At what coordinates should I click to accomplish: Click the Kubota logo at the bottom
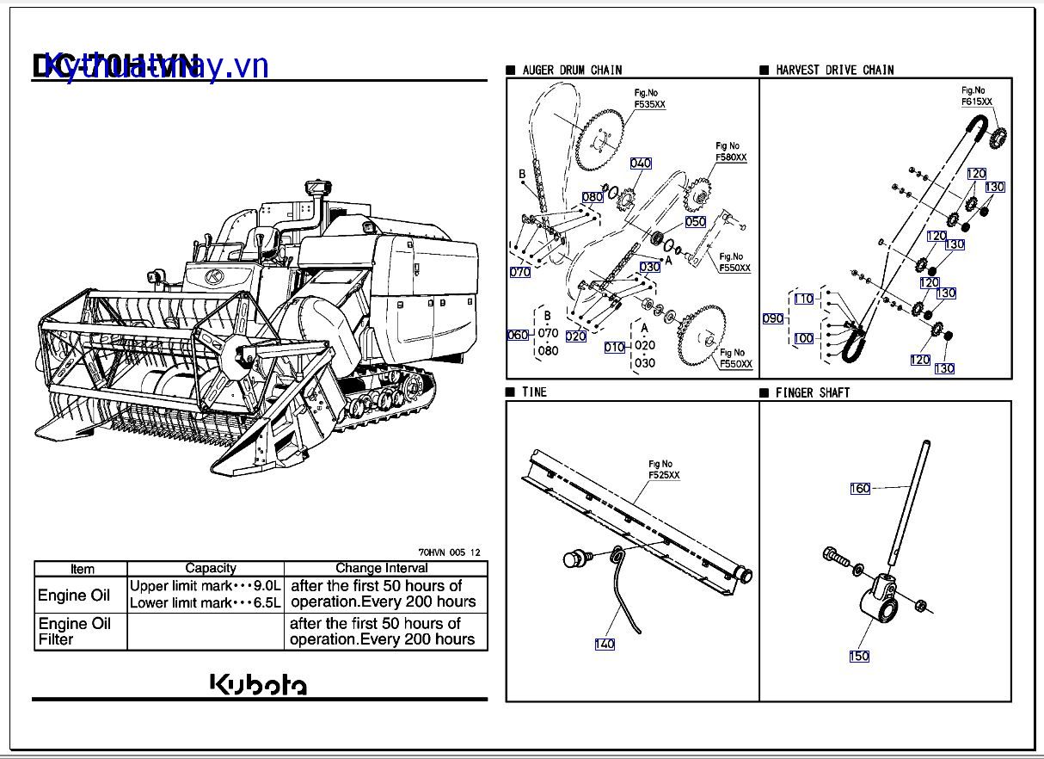tap(259, 684)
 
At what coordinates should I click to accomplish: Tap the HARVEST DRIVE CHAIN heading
tap(834, 70)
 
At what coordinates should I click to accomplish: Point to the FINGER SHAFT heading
tap(812, 392)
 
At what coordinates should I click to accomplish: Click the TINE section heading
tap(534, 392)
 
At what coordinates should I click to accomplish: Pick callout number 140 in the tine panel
tap(605, 644)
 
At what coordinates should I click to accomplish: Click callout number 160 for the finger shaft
tap(860, 489)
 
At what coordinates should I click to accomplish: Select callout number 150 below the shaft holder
tap(859, 657)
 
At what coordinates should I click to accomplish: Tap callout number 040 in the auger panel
tap(641, 164)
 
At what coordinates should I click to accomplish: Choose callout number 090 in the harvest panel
tap(773, 318)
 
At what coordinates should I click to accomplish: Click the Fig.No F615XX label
tap(976, 96)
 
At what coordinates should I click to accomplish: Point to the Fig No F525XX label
tap(663, 469)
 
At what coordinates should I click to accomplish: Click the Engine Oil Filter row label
tap(75, 631)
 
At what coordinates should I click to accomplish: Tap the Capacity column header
tap(211, 568)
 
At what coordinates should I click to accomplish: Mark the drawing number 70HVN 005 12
tap(449, 552)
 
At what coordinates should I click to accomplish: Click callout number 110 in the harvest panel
tap(803, 299)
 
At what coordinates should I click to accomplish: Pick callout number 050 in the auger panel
tap(696, 221)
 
